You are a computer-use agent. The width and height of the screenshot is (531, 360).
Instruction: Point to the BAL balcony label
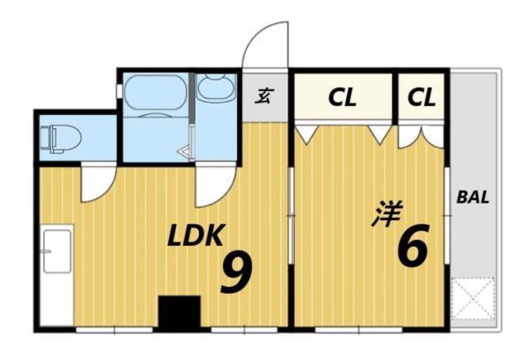pos(473,197)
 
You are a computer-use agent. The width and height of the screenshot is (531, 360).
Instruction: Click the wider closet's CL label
pos(342,98)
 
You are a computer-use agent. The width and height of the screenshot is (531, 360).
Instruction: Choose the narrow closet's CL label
pos(422,98)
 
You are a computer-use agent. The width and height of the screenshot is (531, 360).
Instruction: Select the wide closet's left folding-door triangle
pos(306,134)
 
